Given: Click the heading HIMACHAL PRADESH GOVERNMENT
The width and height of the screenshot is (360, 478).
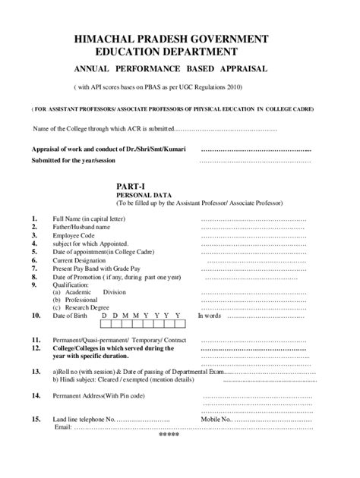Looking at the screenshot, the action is [180, 38].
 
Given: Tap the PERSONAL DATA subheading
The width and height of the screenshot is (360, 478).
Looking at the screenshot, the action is [143, 195].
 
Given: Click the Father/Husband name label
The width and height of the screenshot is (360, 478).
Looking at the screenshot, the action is [80, 228].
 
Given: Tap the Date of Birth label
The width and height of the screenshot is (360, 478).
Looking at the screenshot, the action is [71, 316].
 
